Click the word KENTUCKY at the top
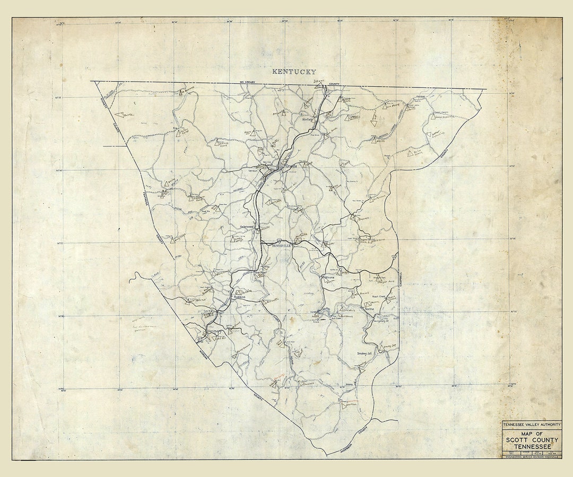[294, 72]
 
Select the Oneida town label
[292, 166]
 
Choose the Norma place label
[369, 308]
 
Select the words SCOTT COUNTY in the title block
[532, 440]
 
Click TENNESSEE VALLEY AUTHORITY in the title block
[532, 425]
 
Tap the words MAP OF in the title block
[532, 433]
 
